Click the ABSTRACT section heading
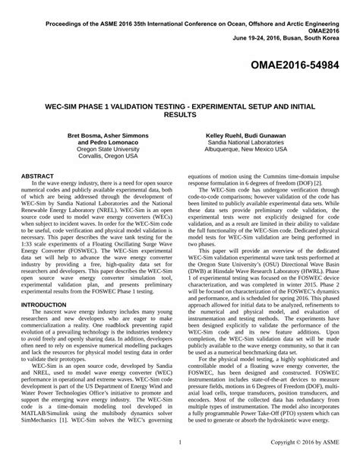(x=39, y=175)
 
